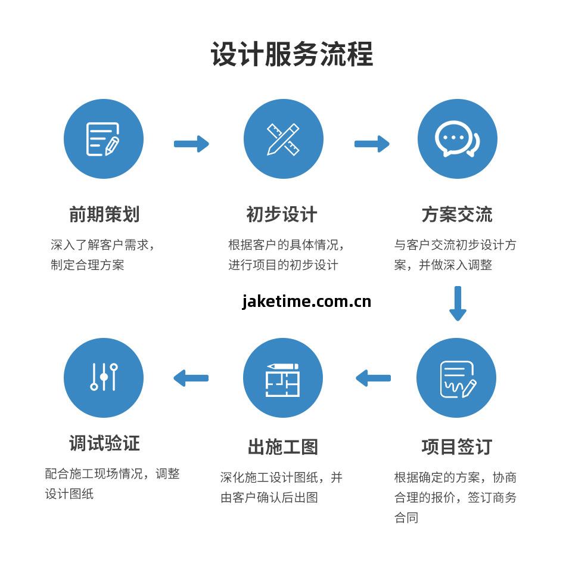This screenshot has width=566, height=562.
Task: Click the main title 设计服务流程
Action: click(x=292, y=54)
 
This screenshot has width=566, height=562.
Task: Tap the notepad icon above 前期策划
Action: click(x=104, y=139)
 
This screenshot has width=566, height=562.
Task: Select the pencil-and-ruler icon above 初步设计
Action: click(x=283, y=139)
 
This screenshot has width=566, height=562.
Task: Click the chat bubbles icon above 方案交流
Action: click(x=457, y=139)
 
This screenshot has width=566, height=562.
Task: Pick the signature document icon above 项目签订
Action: click(x=457, y=378)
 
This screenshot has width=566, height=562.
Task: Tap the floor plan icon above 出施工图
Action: click(x=283, y=378)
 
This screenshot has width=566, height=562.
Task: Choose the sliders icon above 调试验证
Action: click(x=104, y=377)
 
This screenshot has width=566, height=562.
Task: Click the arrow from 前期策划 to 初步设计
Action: click(x=191, y=144)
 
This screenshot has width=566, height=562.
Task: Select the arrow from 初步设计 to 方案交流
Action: click(x=372, y=144)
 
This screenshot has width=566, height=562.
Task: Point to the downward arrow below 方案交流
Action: click(x=458, y=303)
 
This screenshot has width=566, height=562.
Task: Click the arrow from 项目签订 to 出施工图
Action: click(x=374, y=378)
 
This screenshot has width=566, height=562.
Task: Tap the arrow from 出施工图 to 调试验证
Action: click(x=191, y=378)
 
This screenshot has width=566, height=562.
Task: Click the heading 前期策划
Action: click(x=104, y=215)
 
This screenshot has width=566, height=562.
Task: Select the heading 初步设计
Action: click(x=282, y=215)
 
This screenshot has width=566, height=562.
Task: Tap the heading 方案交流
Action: click(x=457, y=215)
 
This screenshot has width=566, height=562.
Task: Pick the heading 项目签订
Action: click(x=457, y=447)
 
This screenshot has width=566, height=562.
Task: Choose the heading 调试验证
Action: click(x=104, y=443)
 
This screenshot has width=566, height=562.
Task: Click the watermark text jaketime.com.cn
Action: click(x=307, y=302)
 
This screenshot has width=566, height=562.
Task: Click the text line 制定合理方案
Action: click(x=88, y=265)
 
